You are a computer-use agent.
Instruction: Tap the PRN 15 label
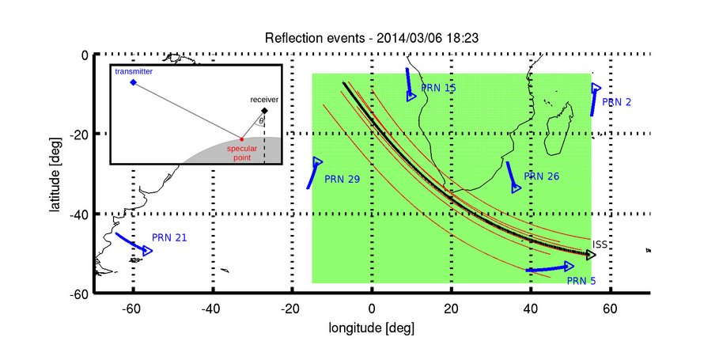[x=438, y=88]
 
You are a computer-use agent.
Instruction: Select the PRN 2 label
[x=616, y=102]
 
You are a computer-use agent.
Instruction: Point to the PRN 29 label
[x=342, y=180]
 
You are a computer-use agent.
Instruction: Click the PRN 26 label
[x=542, y=176]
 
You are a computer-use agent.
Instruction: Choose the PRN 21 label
[x=169, y=237]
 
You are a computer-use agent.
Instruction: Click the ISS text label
[x=600, y=244]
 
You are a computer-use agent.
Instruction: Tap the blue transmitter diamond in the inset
[x=133, y=82]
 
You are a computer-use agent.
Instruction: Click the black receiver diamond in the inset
[x=264, y=111]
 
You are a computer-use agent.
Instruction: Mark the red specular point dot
[x=242, y=139]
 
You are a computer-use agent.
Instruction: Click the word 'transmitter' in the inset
[x=133, y=71]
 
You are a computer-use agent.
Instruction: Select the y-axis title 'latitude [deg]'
[x=56, y=175]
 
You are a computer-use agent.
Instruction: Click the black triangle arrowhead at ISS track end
[x=592, y=255]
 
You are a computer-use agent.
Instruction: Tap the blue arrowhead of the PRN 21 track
[x=147, y=251]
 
